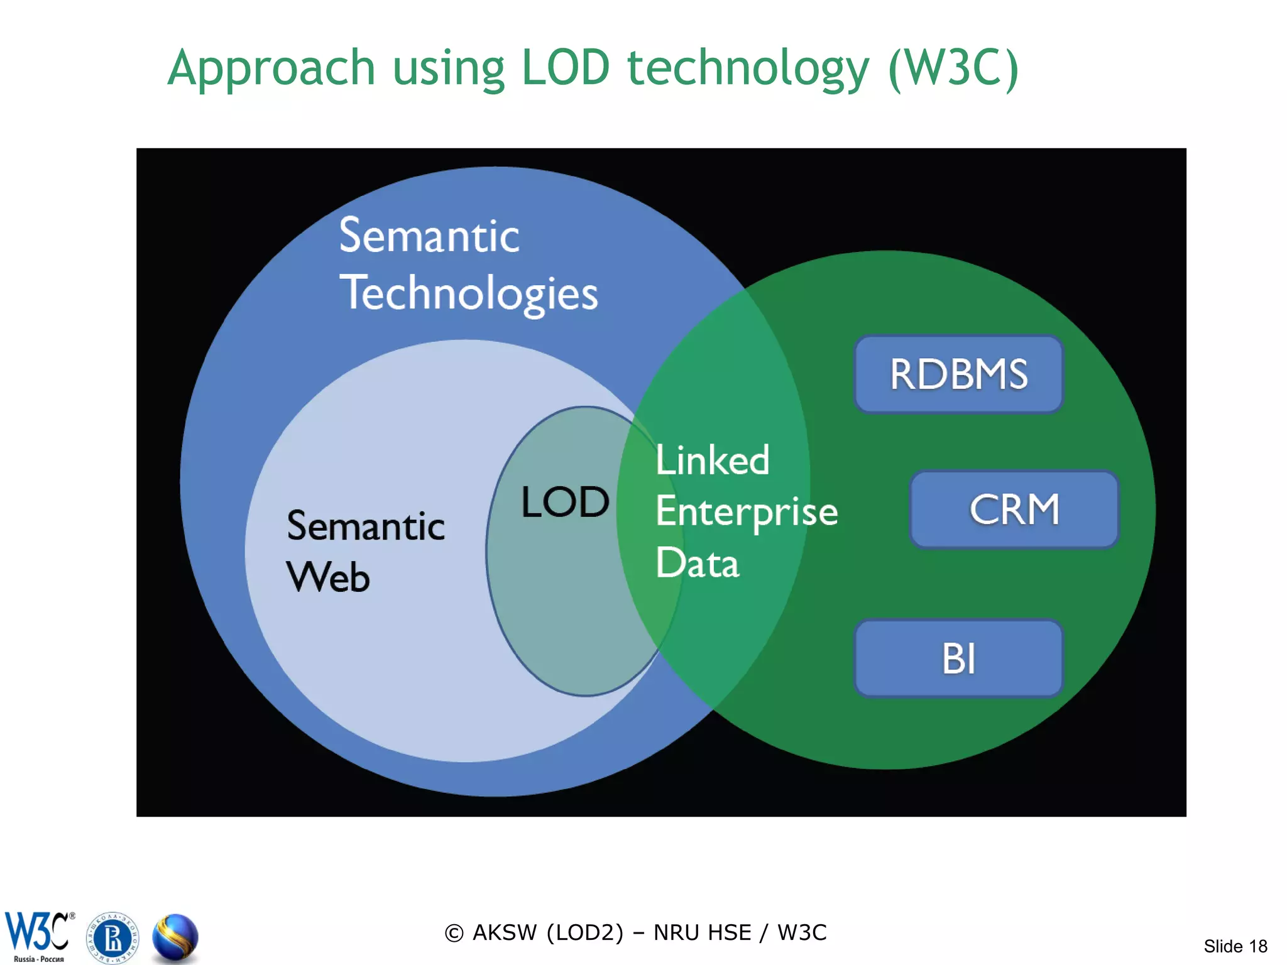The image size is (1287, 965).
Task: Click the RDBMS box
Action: tap(958, 374)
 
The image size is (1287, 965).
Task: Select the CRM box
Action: tap(1014, 510)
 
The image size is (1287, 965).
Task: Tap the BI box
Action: tap(958, 658)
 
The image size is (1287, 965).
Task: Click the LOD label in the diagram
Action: tap(565, 503)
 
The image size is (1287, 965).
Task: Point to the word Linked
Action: tap(712, 461)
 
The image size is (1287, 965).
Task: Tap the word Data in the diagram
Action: tap(697, 563)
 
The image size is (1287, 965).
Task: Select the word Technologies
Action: tap(469, 294)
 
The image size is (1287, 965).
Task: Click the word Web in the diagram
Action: tap(328, 577)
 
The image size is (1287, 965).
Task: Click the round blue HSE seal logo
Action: tap(112, 938)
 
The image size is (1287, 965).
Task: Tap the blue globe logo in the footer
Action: tap(175, 938)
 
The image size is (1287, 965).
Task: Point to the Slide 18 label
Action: tap(1235, 946)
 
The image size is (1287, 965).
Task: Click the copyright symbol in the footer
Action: tap(454, 934)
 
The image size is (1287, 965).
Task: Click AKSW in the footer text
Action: tap(504, 933)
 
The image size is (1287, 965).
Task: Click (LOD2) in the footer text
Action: tap(585, 933)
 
